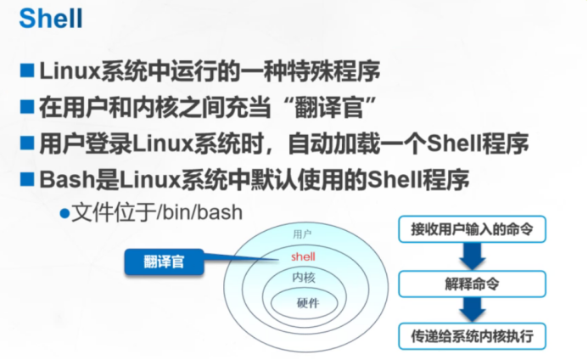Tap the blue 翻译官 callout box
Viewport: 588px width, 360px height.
(x=165, y=262)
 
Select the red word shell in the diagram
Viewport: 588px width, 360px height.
(x=302, y=256)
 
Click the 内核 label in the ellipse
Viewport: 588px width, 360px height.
(x=304, y=278)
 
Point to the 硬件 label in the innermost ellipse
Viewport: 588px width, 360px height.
(x=307, y=303)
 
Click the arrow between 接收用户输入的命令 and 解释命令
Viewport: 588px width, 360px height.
(x=472, y=255)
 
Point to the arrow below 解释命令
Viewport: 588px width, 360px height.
(x=472, y=307)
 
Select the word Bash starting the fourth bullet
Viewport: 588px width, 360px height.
(x=62, y=180)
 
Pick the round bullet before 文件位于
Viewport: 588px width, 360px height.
(x=64, y=212)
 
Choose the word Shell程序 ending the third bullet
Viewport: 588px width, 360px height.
(x=490, y=143)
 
